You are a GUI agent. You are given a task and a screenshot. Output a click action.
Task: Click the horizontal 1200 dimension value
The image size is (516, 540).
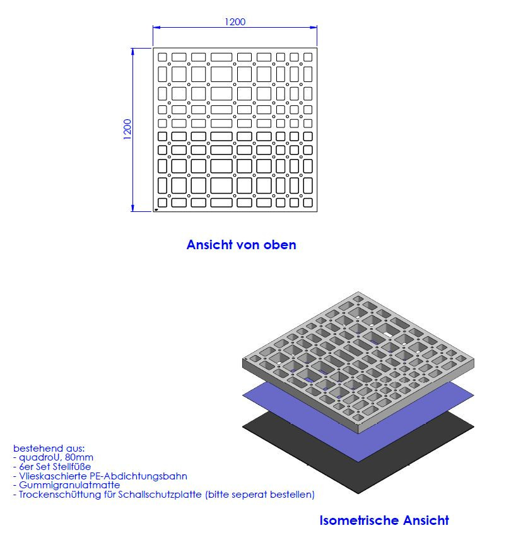[x=235, y=22]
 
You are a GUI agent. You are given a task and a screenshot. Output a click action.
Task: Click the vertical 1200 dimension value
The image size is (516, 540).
[x=127, y=129]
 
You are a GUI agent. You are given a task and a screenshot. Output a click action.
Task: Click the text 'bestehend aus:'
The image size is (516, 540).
[x=49, y=448]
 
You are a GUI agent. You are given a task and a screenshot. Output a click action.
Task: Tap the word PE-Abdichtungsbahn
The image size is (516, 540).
[x=138, y=476]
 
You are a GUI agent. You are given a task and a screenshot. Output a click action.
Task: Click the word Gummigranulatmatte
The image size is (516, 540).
[x=69, y=485]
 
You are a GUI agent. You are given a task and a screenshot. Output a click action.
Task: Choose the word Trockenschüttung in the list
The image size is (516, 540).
[x=60, y=495]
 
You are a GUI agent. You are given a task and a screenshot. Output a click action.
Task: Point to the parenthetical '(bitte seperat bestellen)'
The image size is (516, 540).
[x=260, y=495]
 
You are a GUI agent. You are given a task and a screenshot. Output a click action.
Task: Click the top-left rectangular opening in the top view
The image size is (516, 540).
[x=162, y=57]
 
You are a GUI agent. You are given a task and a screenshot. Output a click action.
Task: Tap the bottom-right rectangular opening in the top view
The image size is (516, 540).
[x=308, y=202]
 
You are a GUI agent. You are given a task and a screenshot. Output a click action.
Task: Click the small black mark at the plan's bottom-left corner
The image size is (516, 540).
[x=156, y=209]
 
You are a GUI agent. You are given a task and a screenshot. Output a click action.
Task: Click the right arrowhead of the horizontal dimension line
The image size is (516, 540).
[x=314, y=27]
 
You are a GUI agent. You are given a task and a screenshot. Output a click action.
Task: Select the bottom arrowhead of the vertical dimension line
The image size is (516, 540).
[x=132, y=208]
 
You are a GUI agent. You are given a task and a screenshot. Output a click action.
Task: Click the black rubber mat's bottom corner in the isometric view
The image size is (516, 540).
[x=358, y=493]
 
